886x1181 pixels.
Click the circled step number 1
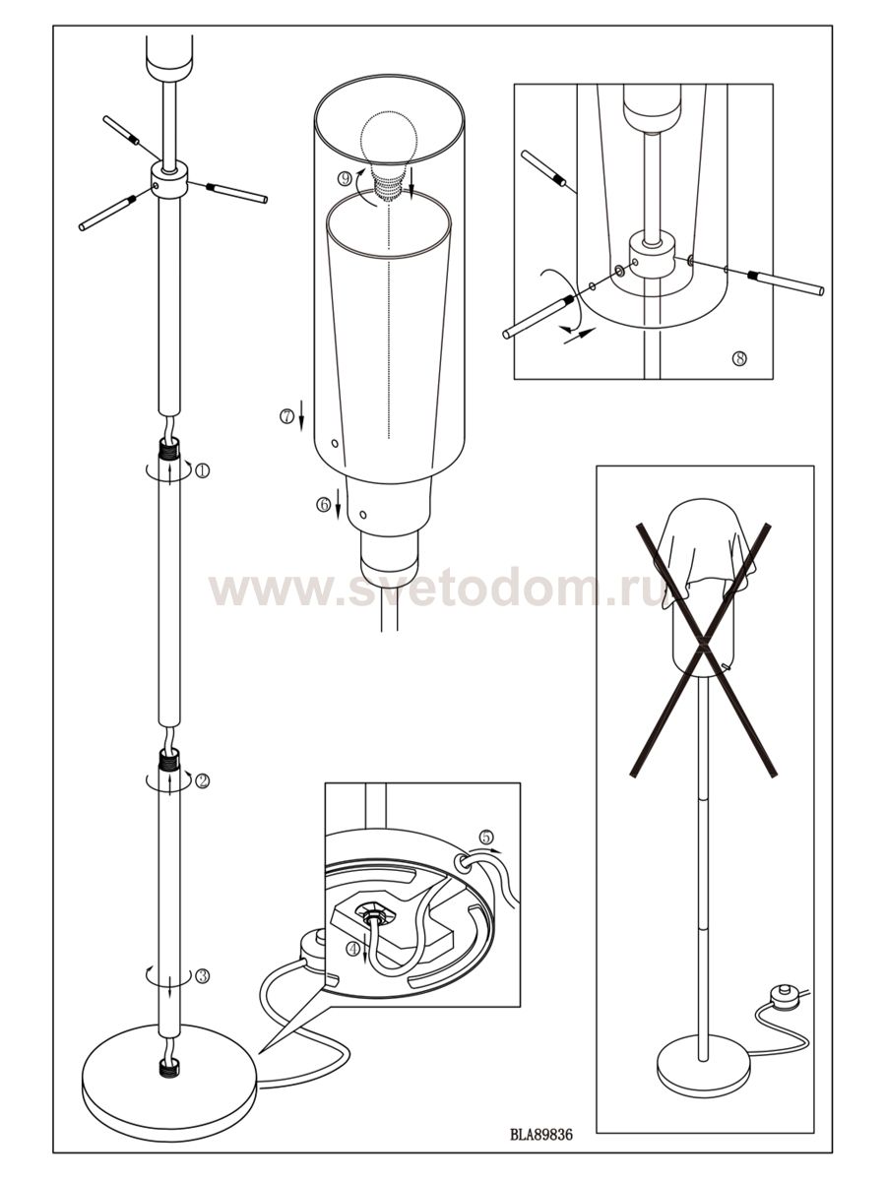[202, 471]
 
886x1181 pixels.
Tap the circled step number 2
[202, 780]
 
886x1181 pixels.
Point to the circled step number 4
[352, 949]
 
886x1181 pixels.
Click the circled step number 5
[485, 838]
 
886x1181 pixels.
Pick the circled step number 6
[323, 504]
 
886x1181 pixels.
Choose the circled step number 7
[286, 416]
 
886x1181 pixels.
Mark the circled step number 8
[739, 358]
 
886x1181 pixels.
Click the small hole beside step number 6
[363, 515]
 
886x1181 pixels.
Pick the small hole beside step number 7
[335, 443]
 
